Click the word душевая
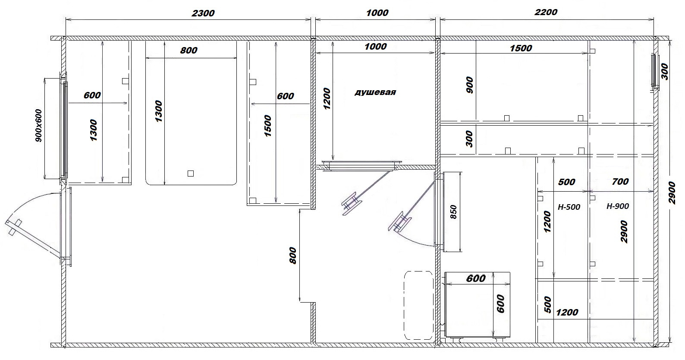click(x=375, y=92)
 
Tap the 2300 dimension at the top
click(x=203, y=13)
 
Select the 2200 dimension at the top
click(x=546, y=12)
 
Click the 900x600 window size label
click(x=39, y=126)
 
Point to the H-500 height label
click(x=569, y=207)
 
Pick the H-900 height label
click(x=618, y=206)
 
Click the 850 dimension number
click(x=453, y=212)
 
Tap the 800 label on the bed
click(x=189, y=50)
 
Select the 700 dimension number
click(x=620, y=182)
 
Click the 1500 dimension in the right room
click(x=521, y=48)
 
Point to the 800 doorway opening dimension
click(x=292, y=256)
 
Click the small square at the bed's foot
click(x=191, y=174)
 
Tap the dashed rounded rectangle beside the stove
click(x=419, y=305)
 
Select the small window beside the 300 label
click(x=654, y=71)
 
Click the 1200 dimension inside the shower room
click(x=327, y=98)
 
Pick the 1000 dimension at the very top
click(x=377, y=13)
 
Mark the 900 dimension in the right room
click(x=470, y=85)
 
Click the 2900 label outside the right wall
click(x=672, y=193)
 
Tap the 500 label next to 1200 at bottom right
click(x=548, y=304)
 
